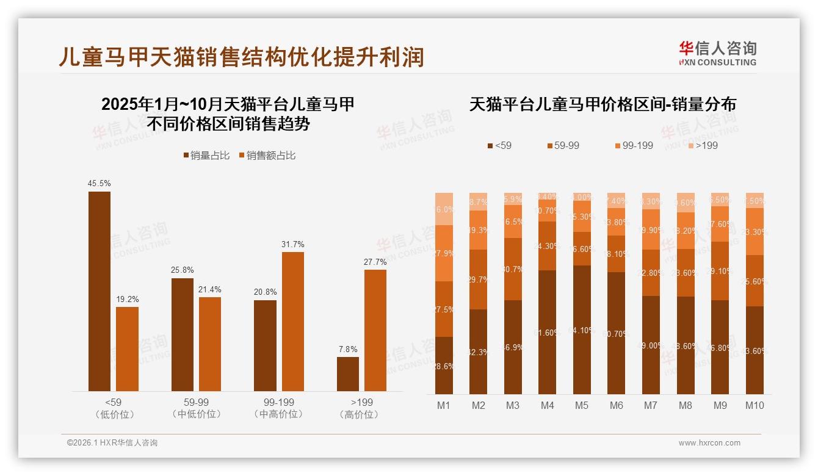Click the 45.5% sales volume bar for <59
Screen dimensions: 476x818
click(100, 291)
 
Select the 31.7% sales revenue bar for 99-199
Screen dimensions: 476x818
click(292, 322)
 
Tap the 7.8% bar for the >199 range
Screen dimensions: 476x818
click(348, 374)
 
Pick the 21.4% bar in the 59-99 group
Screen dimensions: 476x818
click(210, 344)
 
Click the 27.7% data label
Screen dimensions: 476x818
click(375, 262)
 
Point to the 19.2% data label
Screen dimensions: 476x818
click(127, 299)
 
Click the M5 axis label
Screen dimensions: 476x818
click(582, 405)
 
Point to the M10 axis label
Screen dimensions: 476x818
click(755, 405)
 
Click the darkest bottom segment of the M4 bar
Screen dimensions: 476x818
click(548, 332)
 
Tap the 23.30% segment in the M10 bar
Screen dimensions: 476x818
click(755, 231)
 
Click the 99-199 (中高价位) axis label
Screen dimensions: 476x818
click(278, 408)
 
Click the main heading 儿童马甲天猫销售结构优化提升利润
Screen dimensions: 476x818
click(241, 57)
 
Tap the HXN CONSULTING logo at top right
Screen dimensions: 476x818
click(717, 54)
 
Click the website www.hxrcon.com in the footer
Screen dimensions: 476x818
click(709, 443)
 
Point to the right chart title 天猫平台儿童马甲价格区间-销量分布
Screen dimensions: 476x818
click(603, 104)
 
